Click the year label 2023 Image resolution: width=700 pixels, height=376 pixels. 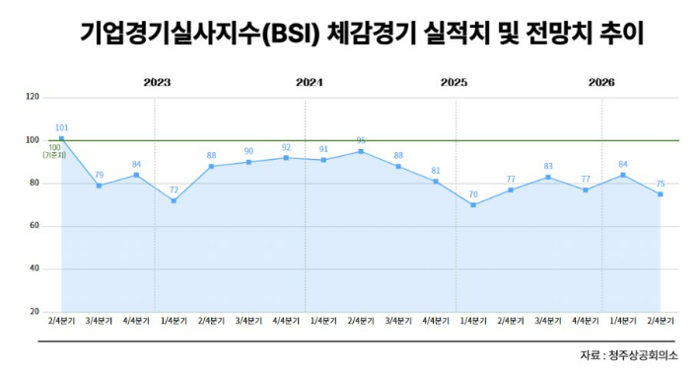click(x=156, y=83)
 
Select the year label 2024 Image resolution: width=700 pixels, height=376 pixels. click(x=309, y=83)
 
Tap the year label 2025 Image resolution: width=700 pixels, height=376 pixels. click(x=454, y=83)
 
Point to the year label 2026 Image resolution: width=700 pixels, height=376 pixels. click(x=601, y=83)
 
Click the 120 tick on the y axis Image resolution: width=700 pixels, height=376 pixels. click(x=34, y=98)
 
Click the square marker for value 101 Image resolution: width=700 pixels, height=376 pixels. click(x=61, y=139)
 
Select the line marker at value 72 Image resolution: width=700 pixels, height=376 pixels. click(x=174, y=200)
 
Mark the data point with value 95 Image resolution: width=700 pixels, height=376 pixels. click(x=361, y=151)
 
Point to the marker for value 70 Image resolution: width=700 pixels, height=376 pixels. click(x=473, y=205)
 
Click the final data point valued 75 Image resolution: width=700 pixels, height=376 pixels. click(x=660, y=194)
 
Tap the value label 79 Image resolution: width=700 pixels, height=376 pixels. click(x=99, y=175)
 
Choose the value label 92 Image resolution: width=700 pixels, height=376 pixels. click(x=286, y=147)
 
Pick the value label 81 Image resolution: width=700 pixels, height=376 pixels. click(x=436, y=171)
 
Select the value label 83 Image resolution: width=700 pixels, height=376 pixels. click(x=548, y=166)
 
